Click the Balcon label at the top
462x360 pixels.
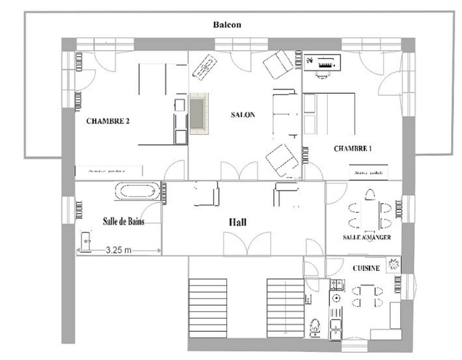(227, 25)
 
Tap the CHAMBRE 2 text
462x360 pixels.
(108, 121)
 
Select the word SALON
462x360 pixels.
(243, 115)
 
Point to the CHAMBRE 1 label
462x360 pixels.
(353, 149)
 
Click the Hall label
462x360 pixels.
(237, 222)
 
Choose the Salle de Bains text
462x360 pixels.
(124, 221)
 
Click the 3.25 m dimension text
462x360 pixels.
(119, 250)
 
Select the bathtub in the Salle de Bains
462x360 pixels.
(137, 191)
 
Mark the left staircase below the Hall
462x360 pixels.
(208, 308)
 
